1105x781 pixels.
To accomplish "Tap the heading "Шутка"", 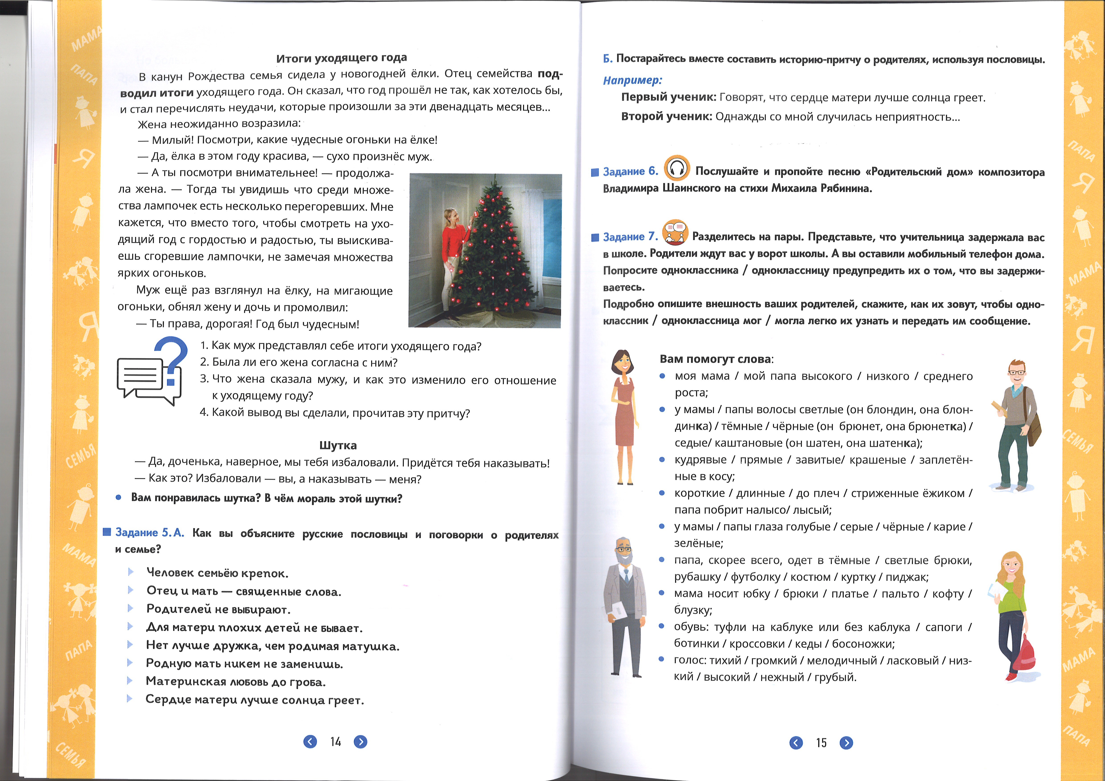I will [x=338, y=445].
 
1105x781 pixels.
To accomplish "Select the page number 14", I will [x=336, y=742].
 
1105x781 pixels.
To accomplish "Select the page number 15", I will [x=821, y=742].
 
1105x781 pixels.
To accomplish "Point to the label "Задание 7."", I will [x=630, y=237].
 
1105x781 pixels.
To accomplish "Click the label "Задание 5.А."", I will [x=150, y=533].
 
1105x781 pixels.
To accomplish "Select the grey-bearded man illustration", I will [x=625, y=606].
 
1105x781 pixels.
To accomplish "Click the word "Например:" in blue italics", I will [x=632, y=80].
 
